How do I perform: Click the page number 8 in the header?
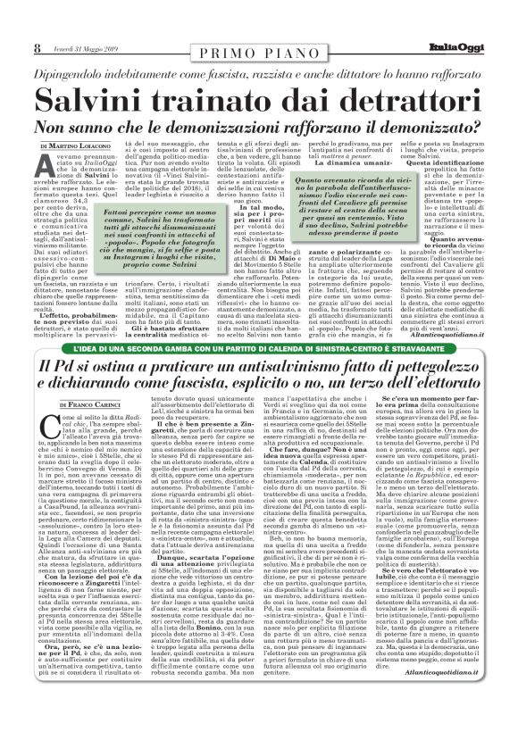coord(38,23)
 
